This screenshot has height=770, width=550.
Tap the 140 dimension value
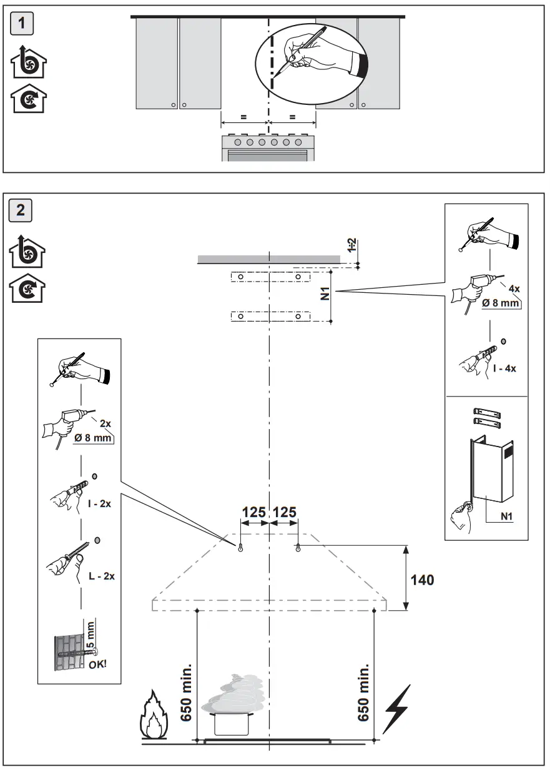click(x=422, y=580)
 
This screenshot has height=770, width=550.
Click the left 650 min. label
click(x=185, y=694)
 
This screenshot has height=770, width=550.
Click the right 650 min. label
click(x=363, y=694)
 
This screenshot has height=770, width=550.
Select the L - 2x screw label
click(x=101, y=576)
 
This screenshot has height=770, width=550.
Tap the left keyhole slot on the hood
click(x=241, y=548)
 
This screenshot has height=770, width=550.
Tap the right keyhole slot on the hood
click(x=298, y=548)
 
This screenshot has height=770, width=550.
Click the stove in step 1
click(x=268, y=147)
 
